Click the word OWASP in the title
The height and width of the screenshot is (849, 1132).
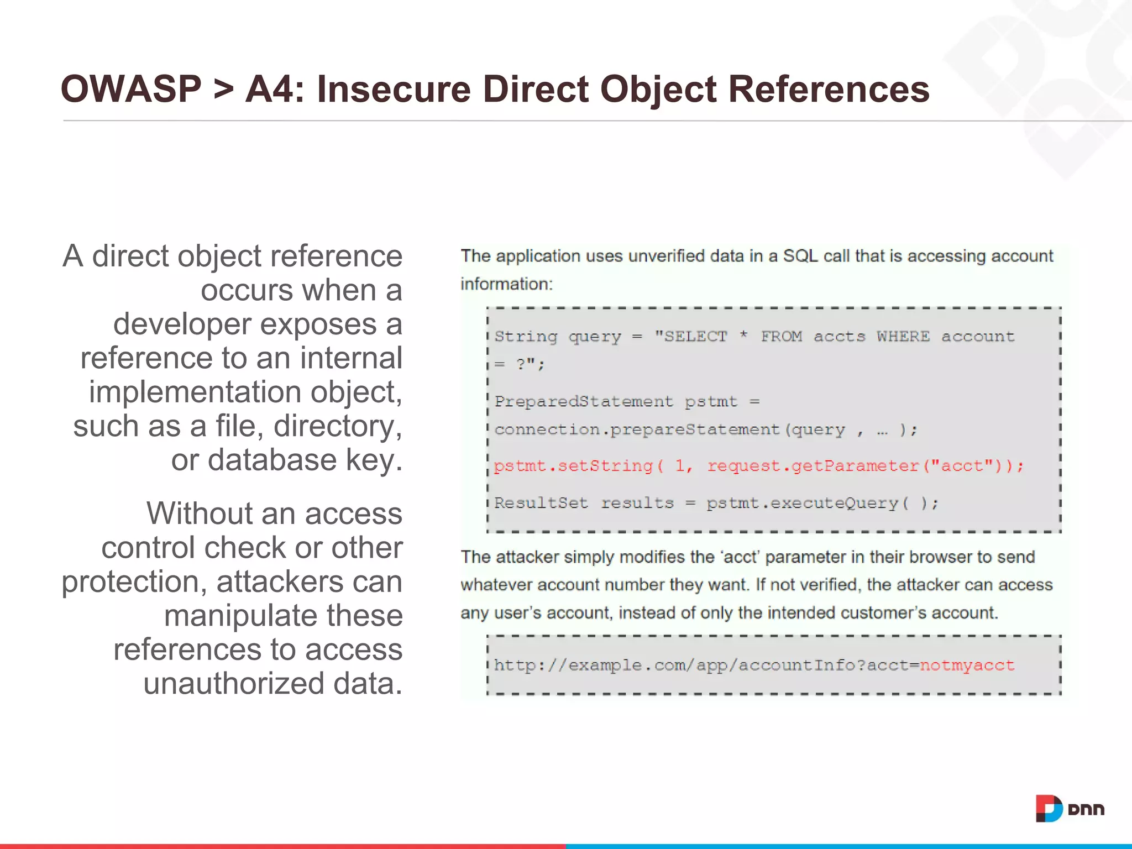[130, 89]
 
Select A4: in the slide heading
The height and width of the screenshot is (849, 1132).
[275, 89]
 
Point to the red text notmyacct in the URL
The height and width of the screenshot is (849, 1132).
[967, 665]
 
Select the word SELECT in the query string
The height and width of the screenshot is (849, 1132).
[695, 336]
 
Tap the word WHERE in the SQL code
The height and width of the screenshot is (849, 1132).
[903, 336]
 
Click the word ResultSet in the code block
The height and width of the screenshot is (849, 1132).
[541, 503]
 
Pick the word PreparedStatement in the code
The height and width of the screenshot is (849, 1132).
[584, 401]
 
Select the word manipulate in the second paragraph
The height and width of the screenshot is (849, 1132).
[240, 615]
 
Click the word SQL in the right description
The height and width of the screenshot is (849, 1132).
[800, 256]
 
